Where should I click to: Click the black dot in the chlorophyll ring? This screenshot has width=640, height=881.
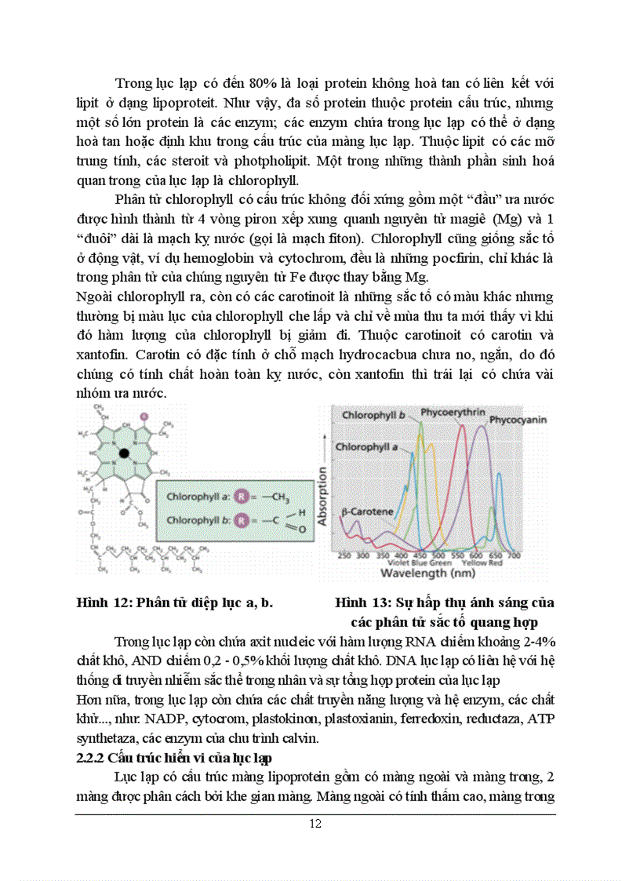pos(123,453)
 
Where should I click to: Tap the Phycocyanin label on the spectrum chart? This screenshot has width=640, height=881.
pos(518,420)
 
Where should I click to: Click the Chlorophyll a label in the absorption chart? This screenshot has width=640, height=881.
pos(366,446)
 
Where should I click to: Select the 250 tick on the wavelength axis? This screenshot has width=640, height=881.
pos(344,555)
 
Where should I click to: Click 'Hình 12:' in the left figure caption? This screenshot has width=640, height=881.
pos(103,603)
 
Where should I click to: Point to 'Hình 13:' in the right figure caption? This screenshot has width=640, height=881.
pos(359,603)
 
